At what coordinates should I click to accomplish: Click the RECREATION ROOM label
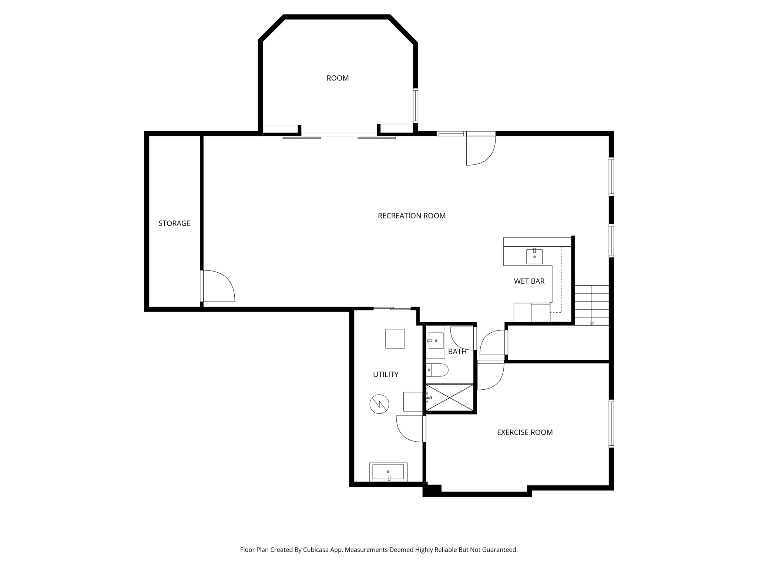412,216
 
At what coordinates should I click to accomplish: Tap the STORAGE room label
174,223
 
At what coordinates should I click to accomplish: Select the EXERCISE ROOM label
524,432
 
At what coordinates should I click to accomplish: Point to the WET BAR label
529,281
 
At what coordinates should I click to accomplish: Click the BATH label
457,352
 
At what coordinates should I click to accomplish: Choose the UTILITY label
385,375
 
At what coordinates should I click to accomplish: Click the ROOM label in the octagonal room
338,78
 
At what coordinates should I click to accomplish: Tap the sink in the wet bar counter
534,256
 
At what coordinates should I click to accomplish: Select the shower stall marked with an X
450,397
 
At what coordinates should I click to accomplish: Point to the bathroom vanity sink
436,340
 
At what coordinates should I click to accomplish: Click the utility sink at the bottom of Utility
388,472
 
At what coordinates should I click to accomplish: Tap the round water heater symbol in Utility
379,404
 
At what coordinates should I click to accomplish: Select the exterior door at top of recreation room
480,149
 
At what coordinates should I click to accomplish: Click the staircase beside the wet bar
591,305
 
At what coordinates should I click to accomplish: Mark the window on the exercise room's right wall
611,424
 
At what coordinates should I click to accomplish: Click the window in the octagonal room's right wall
416,106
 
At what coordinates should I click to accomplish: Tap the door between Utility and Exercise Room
411,429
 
